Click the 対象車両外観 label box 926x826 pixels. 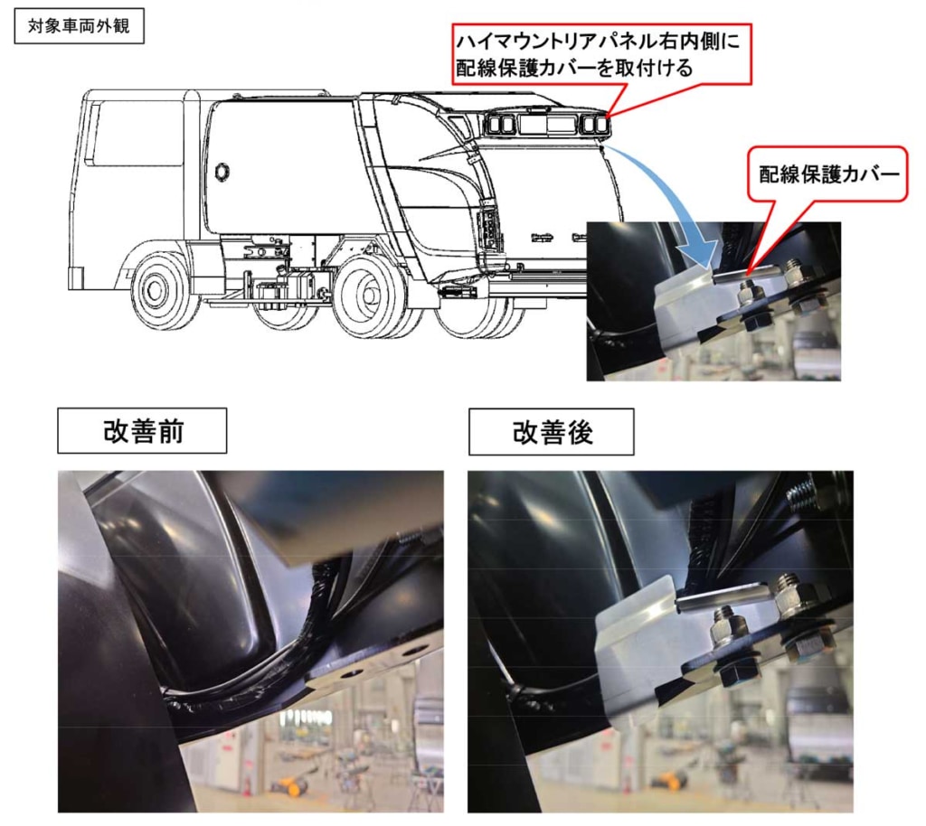click(80, 26)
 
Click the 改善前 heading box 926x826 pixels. click(142, 431)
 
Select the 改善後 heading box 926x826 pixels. click(551, 432)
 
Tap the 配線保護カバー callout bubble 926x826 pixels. click(828, 174)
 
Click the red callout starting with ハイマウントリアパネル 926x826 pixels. click(601, 54)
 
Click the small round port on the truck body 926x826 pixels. click(222, 172)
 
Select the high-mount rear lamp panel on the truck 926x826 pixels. click(547, 123)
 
